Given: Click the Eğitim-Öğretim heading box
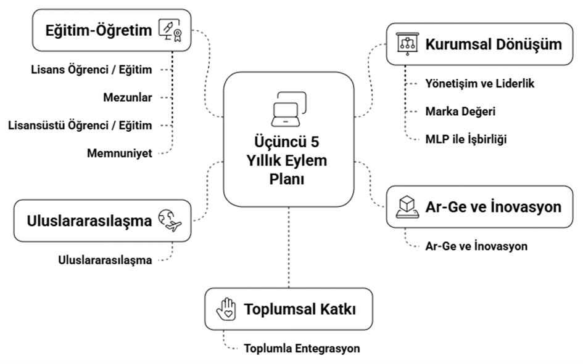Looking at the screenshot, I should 112,30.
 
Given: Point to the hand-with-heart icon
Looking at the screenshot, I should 226,309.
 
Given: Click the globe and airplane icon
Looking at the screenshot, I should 171,220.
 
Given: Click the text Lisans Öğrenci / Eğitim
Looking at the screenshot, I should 91,70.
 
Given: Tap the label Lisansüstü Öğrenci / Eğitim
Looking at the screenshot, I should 80,126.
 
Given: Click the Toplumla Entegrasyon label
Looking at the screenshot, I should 302,349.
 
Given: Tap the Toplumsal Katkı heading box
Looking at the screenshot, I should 288,309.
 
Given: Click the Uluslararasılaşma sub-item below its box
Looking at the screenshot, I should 105,260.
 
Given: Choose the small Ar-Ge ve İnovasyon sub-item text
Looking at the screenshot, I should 476,246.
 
